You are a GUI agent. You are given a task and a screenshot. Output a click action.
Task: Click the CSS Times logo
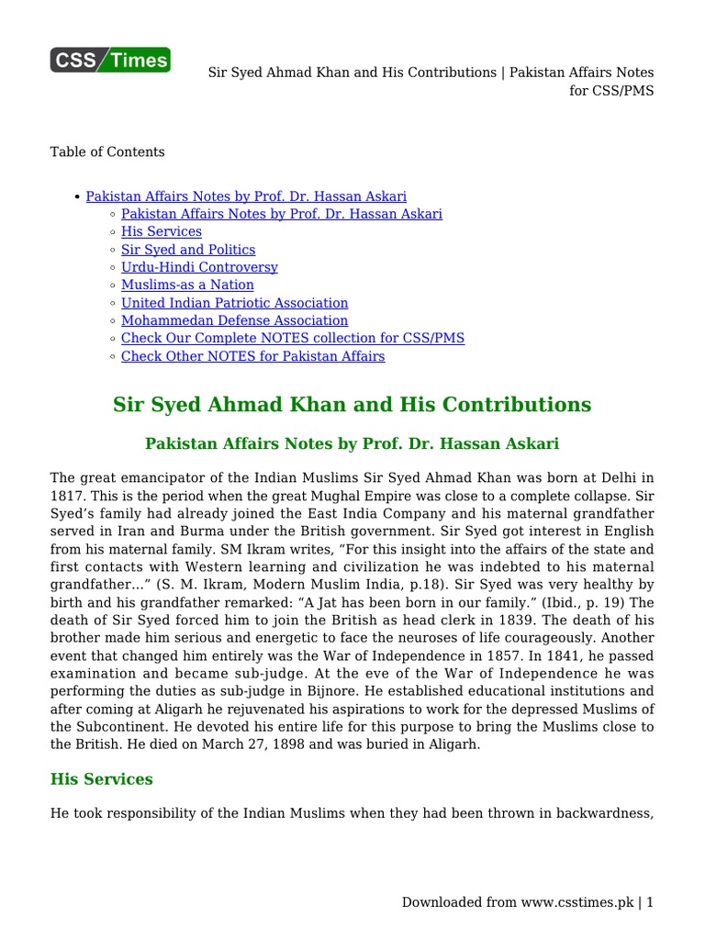tap(110, 60)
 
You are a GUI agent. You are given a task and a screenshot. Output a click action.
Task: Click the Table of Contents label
tap(107, 151)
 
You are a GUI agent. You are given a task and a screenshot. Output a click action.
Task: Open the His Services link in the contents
tap(162, 231)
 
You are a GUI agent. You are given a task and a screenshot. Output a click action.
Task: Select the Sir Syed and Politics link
tap(188, 250)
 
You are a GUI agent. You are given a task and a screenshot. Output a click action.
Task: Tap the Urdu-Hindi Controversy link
tap(199, 267)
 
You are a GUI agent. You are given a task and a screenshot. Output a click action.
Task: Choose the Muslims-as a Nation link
tap(187, 285)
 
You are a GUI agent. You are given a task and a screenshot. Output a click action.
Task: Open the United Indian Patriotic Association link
tap(234, 303)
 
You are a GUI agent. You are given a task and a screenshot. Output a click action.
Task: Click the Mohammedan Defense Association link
tap(234, 320)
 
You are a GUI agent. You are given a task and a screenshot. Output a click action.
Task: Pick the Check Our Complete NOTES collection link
tap(293, 338)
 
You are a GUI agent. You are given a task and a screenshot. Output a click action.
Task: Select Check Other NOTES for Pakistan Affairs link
tap(252, 356)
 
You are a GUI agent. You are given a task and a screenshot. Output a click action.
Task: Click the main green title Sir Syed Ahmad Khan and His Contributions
tap(352, 405)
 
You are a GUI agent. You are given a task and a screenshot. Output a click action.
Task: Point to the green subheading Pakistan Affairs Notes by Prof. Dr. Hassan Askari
tap(352, 443)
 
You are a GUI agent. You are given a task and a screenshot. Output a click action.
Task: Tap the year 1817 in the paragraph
tap(66, 497)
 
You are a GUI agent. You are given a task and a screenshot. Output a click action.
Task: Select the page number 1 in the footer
tap(650, 902)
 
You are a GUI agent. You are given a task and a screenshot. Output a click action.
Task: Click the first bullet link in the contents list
tap(246, 196)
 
